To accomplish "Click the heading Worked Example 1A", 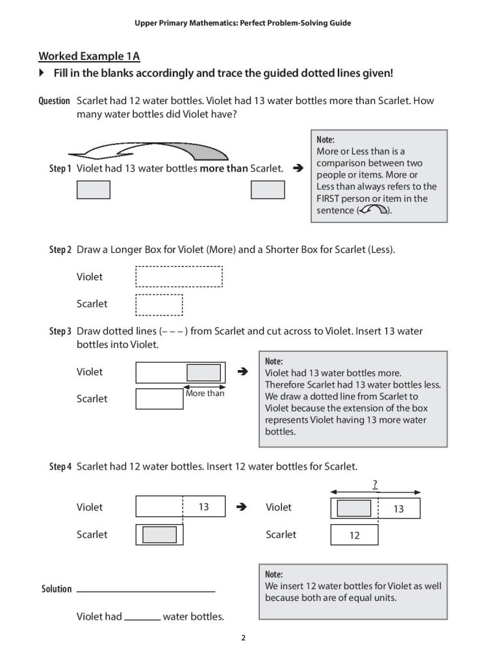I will (84, 56).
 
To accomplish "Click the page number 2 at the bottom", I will (243, 637).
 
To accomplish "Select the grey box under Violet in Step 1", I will (94, 189).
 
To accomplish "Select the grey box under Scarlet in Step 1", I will (268, 189).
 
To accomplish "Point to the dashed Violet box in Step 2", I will (179, 276).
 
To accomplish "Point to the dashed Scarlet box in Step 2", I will (159, 304).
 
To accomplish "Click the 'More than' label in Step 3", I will (205, 393).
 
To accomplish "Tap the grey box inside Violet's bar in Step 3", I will (203, 372).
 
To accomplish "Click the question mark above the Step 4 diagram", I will (375, 483).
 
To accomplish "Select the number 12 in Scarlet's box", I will (355, 536).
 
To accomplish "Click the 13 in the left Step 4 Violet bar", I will (203, 507).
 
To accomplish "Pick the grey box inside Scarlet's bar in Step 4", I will (159, 535).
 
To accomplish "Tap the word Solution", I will (57, 589).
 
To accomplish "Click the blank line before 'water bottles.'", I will (142, 618).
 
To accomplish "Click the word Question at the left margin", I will (55, 101).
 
